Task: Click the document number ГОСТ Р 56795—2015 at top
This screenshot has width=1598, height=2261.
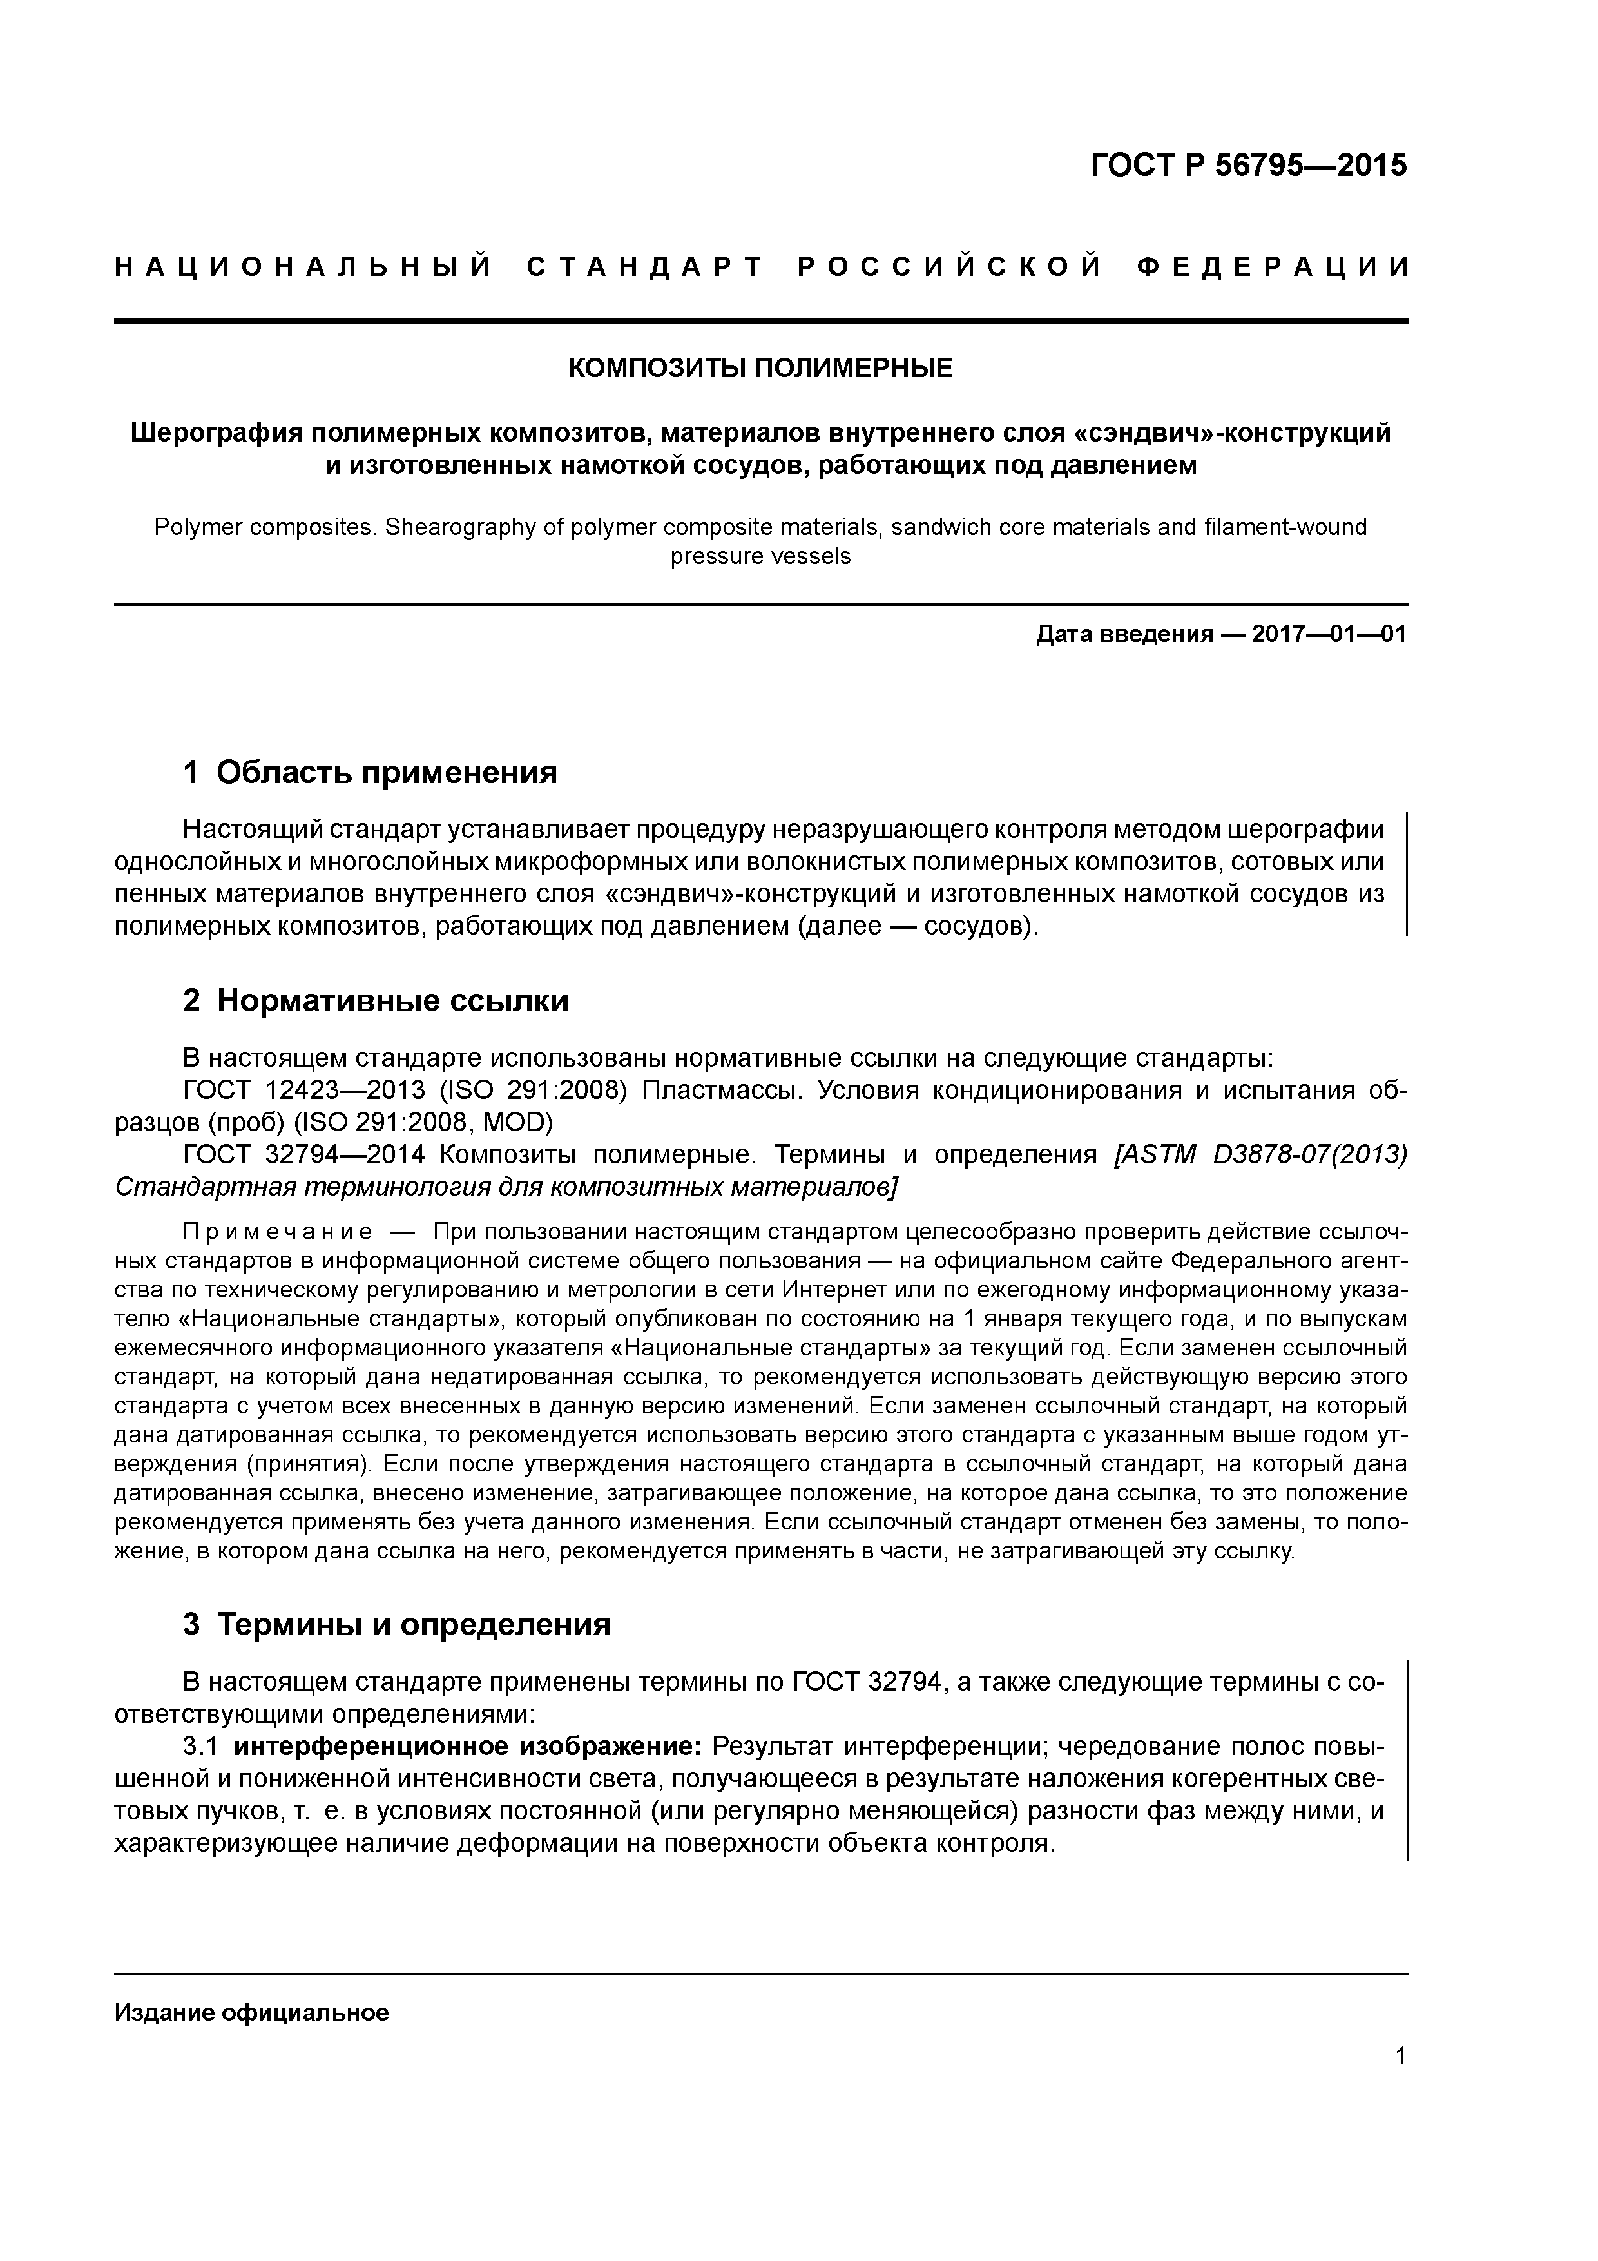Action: [1249, 166]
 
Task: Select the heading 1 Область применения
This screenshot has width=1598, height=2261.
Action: [371, 773]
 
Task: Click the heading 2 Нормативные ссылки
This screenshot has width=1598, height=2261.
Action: [376, 1002]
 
